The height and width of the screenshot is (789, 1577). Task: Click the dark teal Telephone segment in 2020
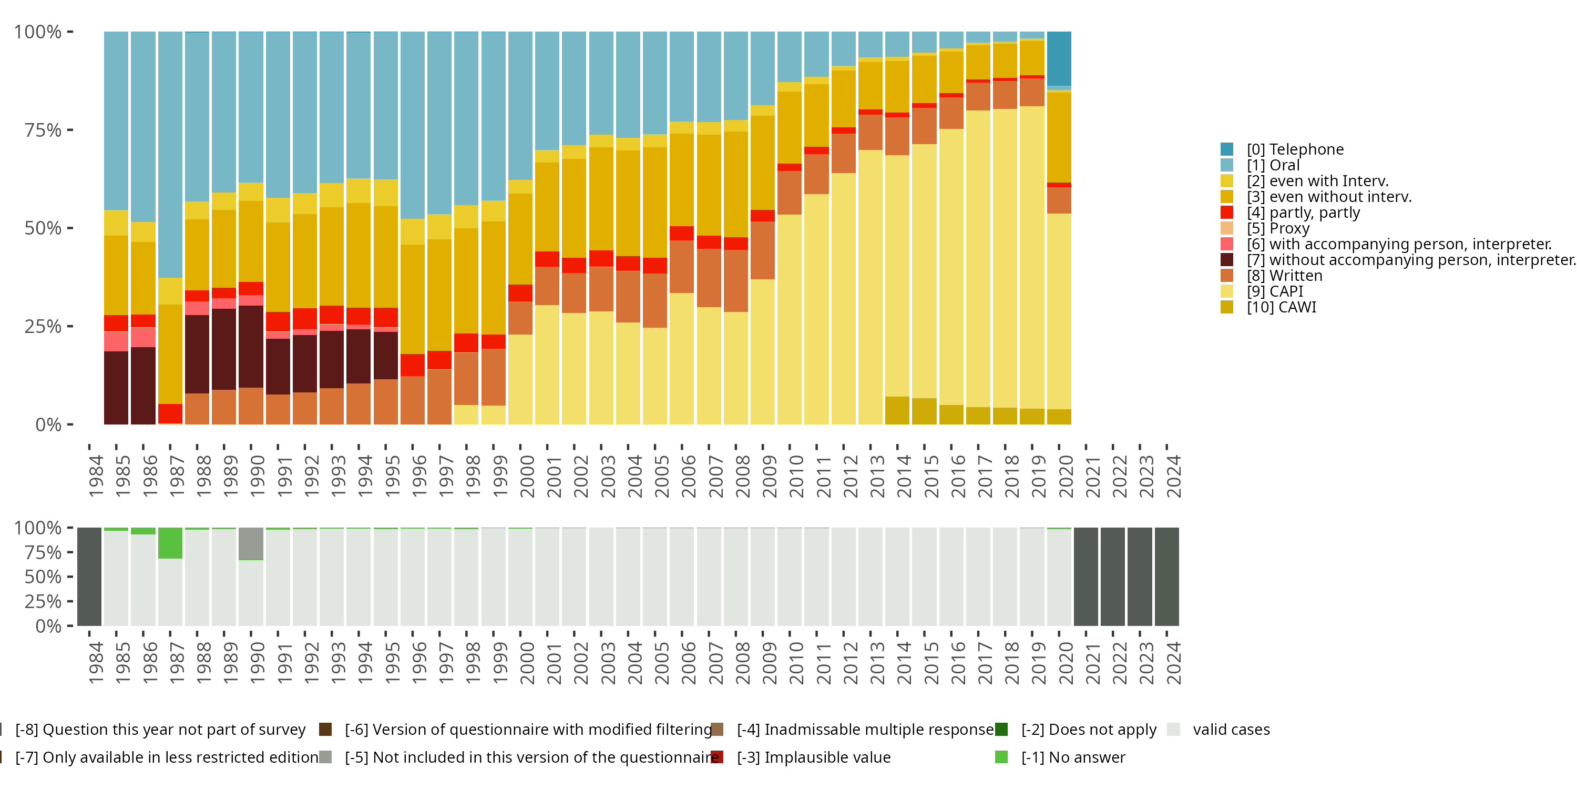(1059, 59)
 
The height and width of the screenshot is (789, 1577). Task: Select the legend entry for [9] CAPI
(1275, 291)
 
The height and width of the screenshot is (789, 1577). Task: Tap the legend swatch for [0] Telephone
(1226, 149)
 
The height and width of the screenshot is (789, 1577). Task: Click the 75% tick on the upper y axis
(43, 130)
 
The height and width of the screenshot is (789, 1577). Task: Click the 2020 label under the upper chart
(1066, 476)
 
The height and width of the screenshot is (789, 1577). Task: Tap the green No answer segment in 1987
(170, 543)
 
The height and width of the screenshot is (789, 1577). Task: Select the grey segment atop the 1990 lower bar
(251, 543)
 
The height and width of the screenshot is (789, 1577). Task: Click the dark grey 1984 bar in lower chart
(89, 576)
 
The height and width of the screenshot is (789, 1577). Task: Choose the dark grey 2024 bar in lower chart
(1167, 576)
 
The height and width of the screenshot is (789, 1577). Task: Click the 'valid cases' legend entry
(1231, 730)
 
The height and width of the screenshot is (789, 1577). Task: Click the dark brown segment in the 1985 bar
(116, 387)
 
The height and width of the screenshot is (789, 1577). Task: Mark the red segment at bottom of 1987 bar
(170, 413)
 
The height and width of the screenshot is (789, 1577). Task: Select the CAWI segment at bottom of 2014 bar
(897, 410)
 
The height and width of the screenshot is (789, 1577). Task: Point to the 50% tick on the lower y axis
(43, 576)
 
